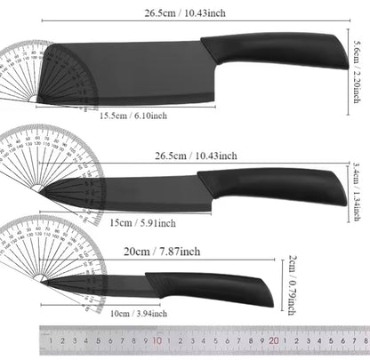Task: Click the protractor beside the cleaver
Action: pyautogui.click(x=36, y=76)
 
